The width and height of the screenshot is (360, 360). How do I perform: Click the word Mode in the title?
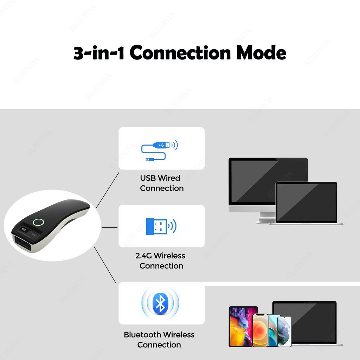pyautogui.click(x=261, y=53)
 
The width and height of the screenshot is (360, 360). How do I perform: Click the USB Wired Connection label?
pyautogui.click(x=161, y=183)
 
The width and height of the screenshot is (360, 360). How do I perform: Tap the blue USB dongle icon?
pyautogui.click(x=156, y=226)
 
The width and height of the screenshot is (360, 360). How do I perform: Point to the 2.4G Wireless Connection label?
pyautogui.click(x=161, y=261)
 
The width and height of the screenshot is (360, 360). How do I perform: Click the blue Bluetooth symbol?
pyautogui.click(x=160, y=303)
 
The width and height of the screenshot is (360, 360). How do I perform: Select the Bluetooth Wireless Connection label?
pyautogui.click(x=159, y=339)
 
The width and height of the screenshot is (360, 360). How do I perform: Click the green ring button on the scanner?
pyautogui.click(x=38, y=222)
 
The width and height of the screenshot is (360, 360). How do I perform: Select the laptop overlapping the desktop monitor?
pyautogui.click(x=307, y=203)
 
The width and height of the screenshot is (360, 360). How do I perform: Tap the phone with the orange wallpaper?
pyautogui.click(x=260, y=330)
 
